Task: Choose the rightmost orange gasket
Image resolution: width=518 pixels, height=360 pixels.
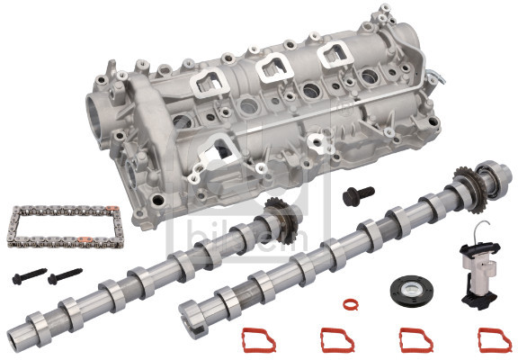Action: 494,339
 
